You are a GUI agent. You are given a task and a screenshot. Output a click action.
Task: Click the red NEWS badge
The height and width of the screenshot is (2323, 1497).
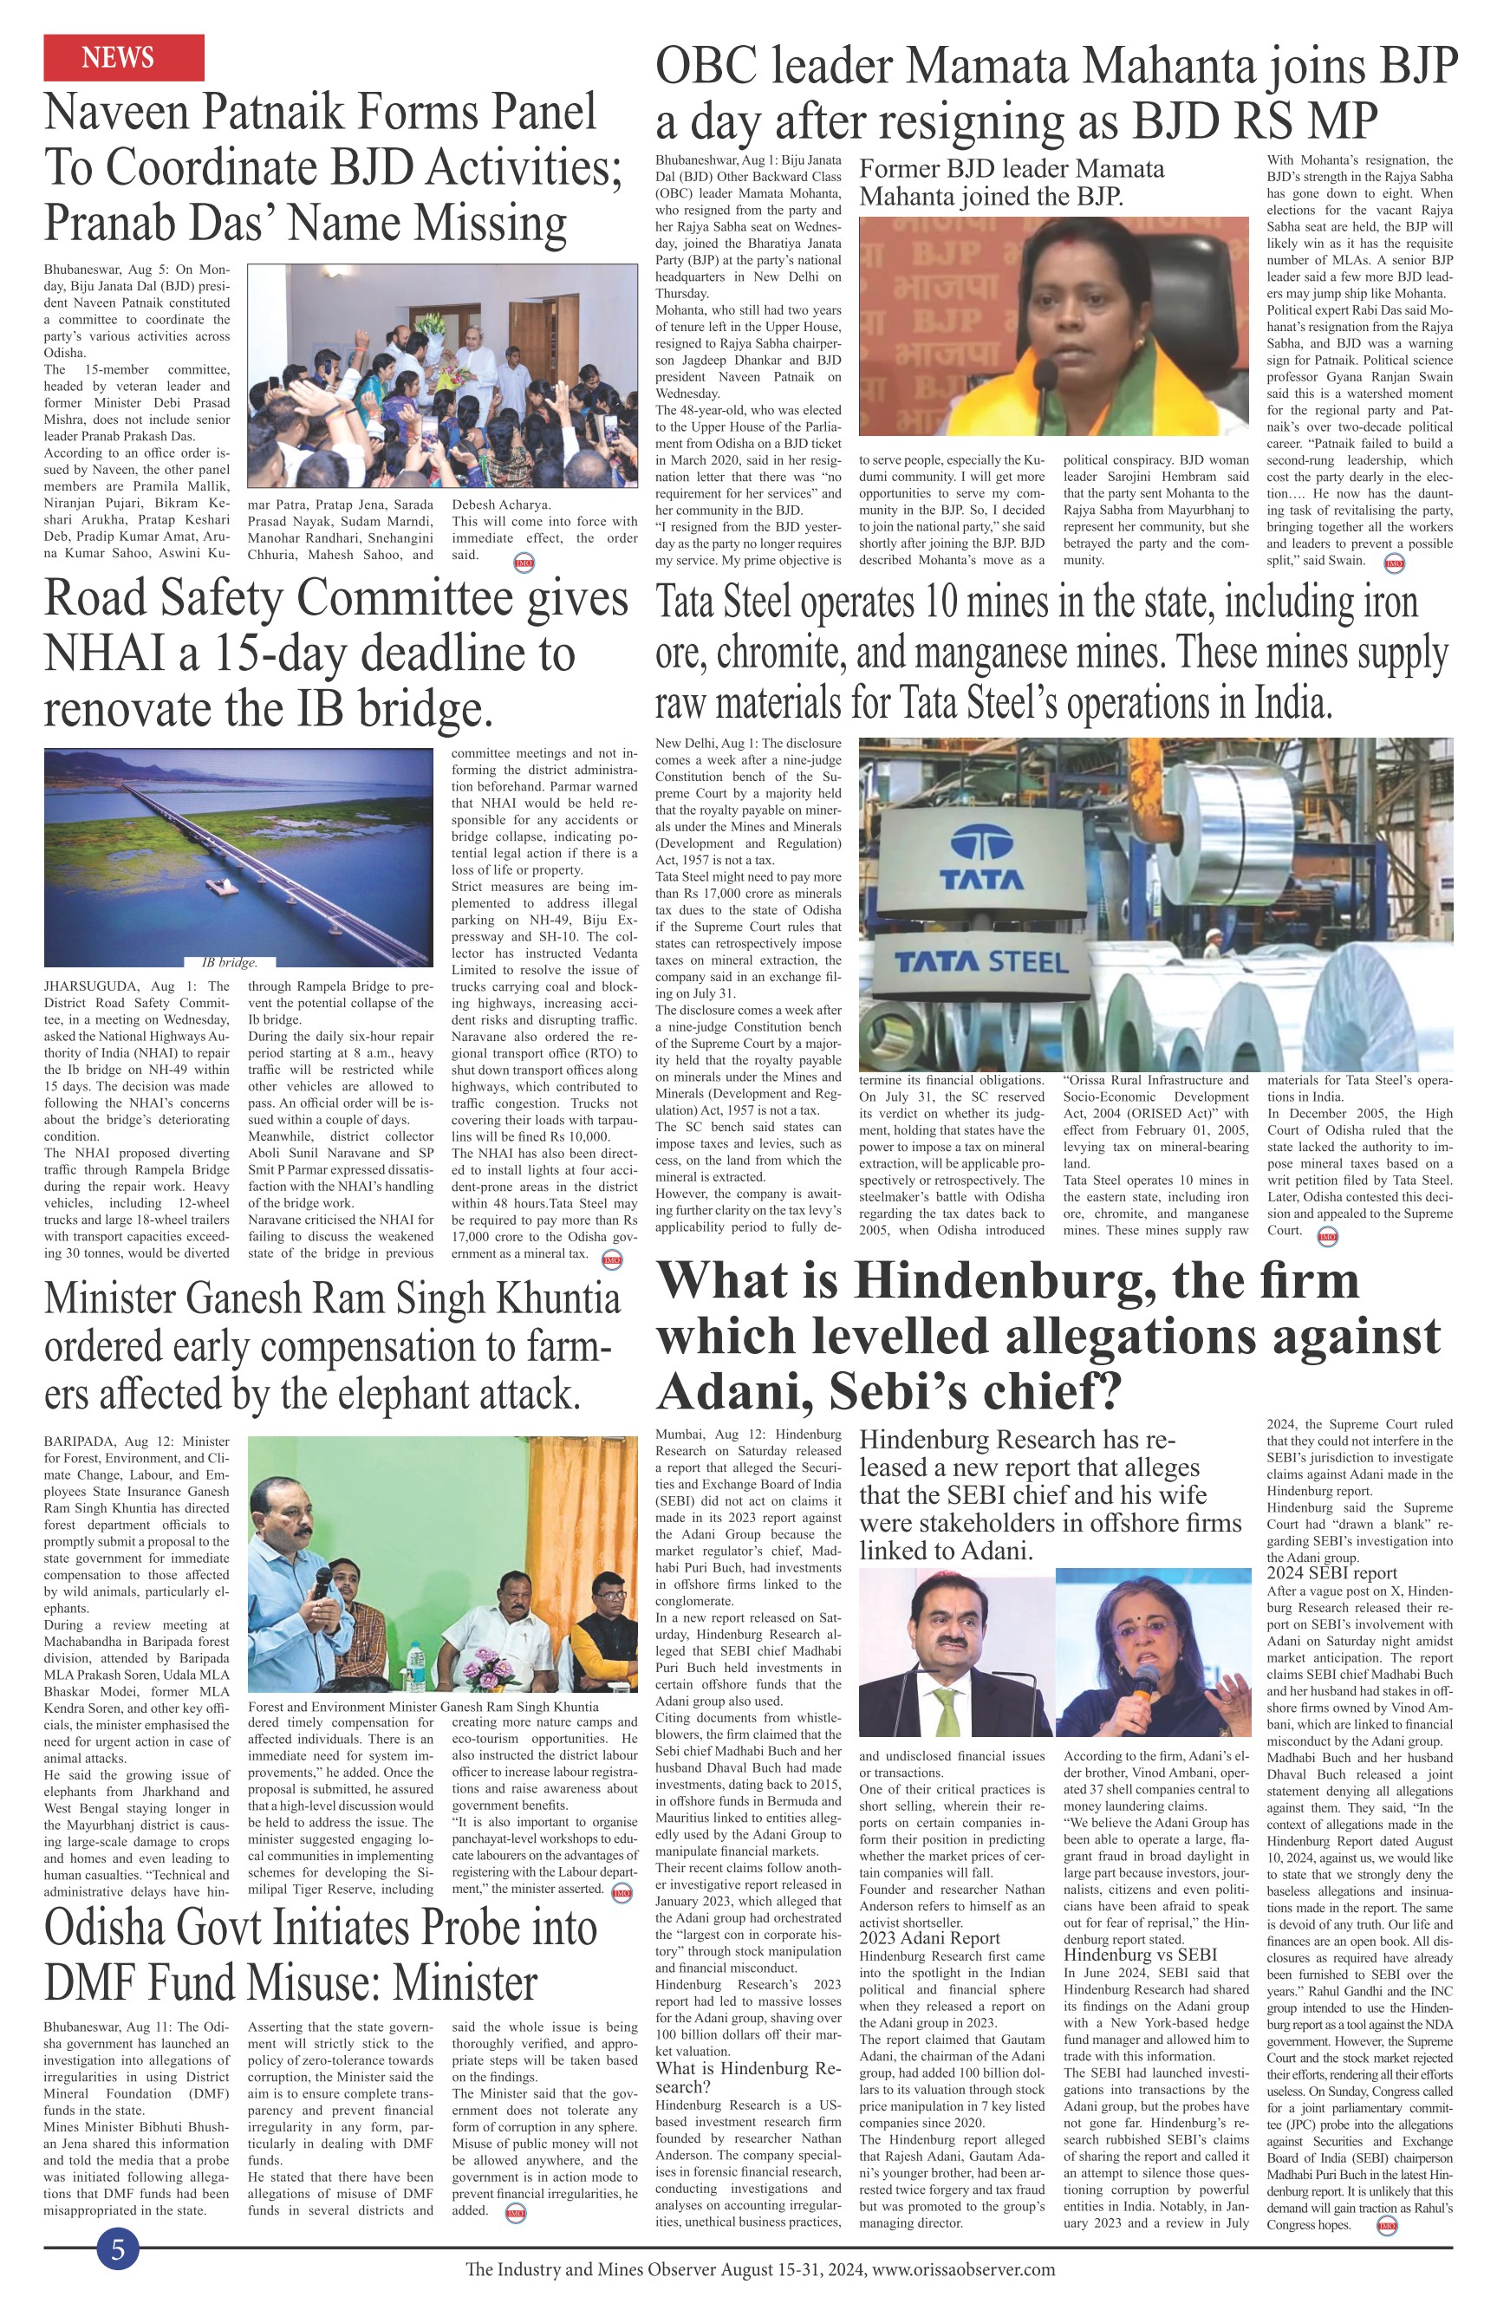tap(123, 57)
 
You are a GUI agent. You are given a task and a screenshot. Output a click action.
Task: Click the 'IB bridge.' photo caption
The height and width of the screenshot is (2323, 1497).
tap(230, 963)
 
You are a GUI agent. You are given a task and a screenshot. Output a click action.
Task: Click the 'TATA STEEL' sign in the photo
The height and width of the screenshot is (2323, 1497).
tap(981, 963)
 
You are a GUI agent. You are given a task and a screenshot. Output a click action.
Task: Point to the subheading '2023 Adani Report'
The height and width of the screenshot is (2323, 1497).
tap(929, 1938)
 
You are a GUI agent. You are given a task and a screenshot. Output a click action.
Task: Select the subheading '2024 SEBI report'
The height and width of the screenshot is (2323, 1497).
tap(1331, 1572)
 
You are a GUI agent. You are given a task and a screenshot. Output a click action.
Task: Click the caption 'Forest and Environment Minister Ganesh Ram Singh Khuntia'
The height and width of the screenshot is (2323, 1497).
tap(423, 1706)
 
